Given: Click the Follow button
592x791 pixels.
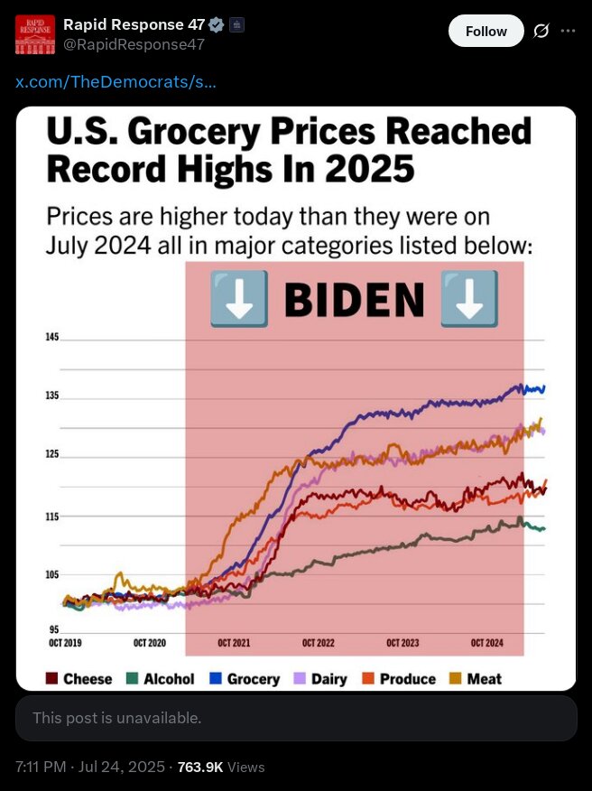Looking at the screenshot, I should [x=486, y=31].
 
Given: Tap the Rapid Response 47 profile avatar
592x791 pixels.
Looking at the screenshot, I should [x=35, y=34].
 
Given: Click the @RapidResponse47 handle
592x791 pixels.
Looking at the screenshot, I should [x=134, y=43].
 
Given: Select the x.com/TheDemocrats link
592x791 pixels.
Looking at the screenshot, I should [x=116, y=82].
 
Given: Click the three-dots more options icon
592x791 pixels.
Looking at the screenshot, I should [x=568, y=31].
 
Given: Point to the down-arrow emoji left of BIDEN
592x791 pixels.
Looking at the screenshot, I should [x=238, y=299].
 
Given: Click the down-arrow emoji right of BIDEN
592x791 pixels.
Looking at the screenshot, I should [x=468, y=299].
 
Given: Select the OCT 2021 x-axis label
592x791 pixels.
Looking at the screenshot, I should [x=234, y=643].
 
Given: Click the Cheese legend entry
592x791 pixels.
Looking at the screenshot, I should [x=79, y=679].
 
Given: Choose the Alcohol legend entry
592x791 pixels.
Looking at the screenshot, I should [x=161, y=679].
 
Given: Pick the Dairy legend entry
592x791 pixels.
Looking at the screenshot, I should [x=322, y=679].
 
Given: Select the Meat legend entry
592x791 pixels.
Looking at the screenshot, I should [x=476, y=679].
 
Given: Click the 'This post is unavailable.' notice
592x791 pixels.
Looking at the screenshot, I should [x=117, y=719].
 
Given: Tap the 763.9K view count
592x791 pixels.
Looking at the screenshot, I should [x=200, y=767].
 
